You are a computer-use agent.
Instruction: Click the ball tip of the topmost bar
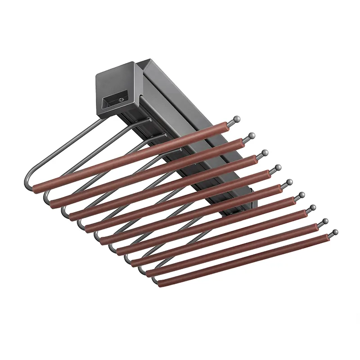(236, 119)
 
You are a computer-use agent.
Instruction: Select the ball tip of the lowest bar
(334, 232)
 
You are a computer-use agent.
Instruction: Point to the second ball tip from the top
(252, 135)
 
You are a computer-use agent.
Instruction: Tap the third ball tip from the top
(265, 153)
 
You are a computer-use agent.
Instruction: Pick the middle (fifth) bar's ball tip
(288, 182)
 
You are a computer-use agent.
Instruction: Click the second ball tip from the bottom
(324, 221)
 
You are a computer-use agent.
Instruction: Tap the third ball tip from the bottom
(312, 207)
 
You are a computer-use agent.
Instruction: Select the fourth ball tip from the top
(278, 167)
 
